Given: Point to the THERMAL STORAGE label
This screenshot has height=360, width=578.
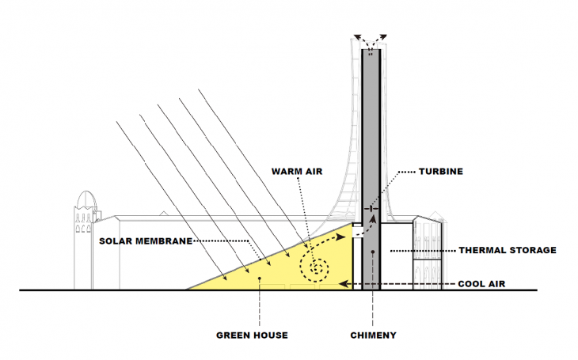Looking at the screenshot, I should [508, 250].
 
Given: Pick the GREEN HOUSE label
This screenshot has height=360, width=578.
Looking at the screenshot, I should [252, 335].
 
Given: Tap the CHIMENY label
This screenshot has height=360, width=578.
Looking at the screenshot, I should [373, 335].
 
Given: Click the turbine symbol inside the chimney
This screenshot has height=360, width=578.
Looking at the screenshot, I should [370, 209].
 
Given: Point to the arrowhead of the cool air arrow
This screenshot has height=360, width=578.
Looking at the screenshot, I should [341, 282].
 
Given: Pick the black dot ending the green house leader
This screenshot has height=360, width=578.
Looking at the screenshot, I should [259, 278].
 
